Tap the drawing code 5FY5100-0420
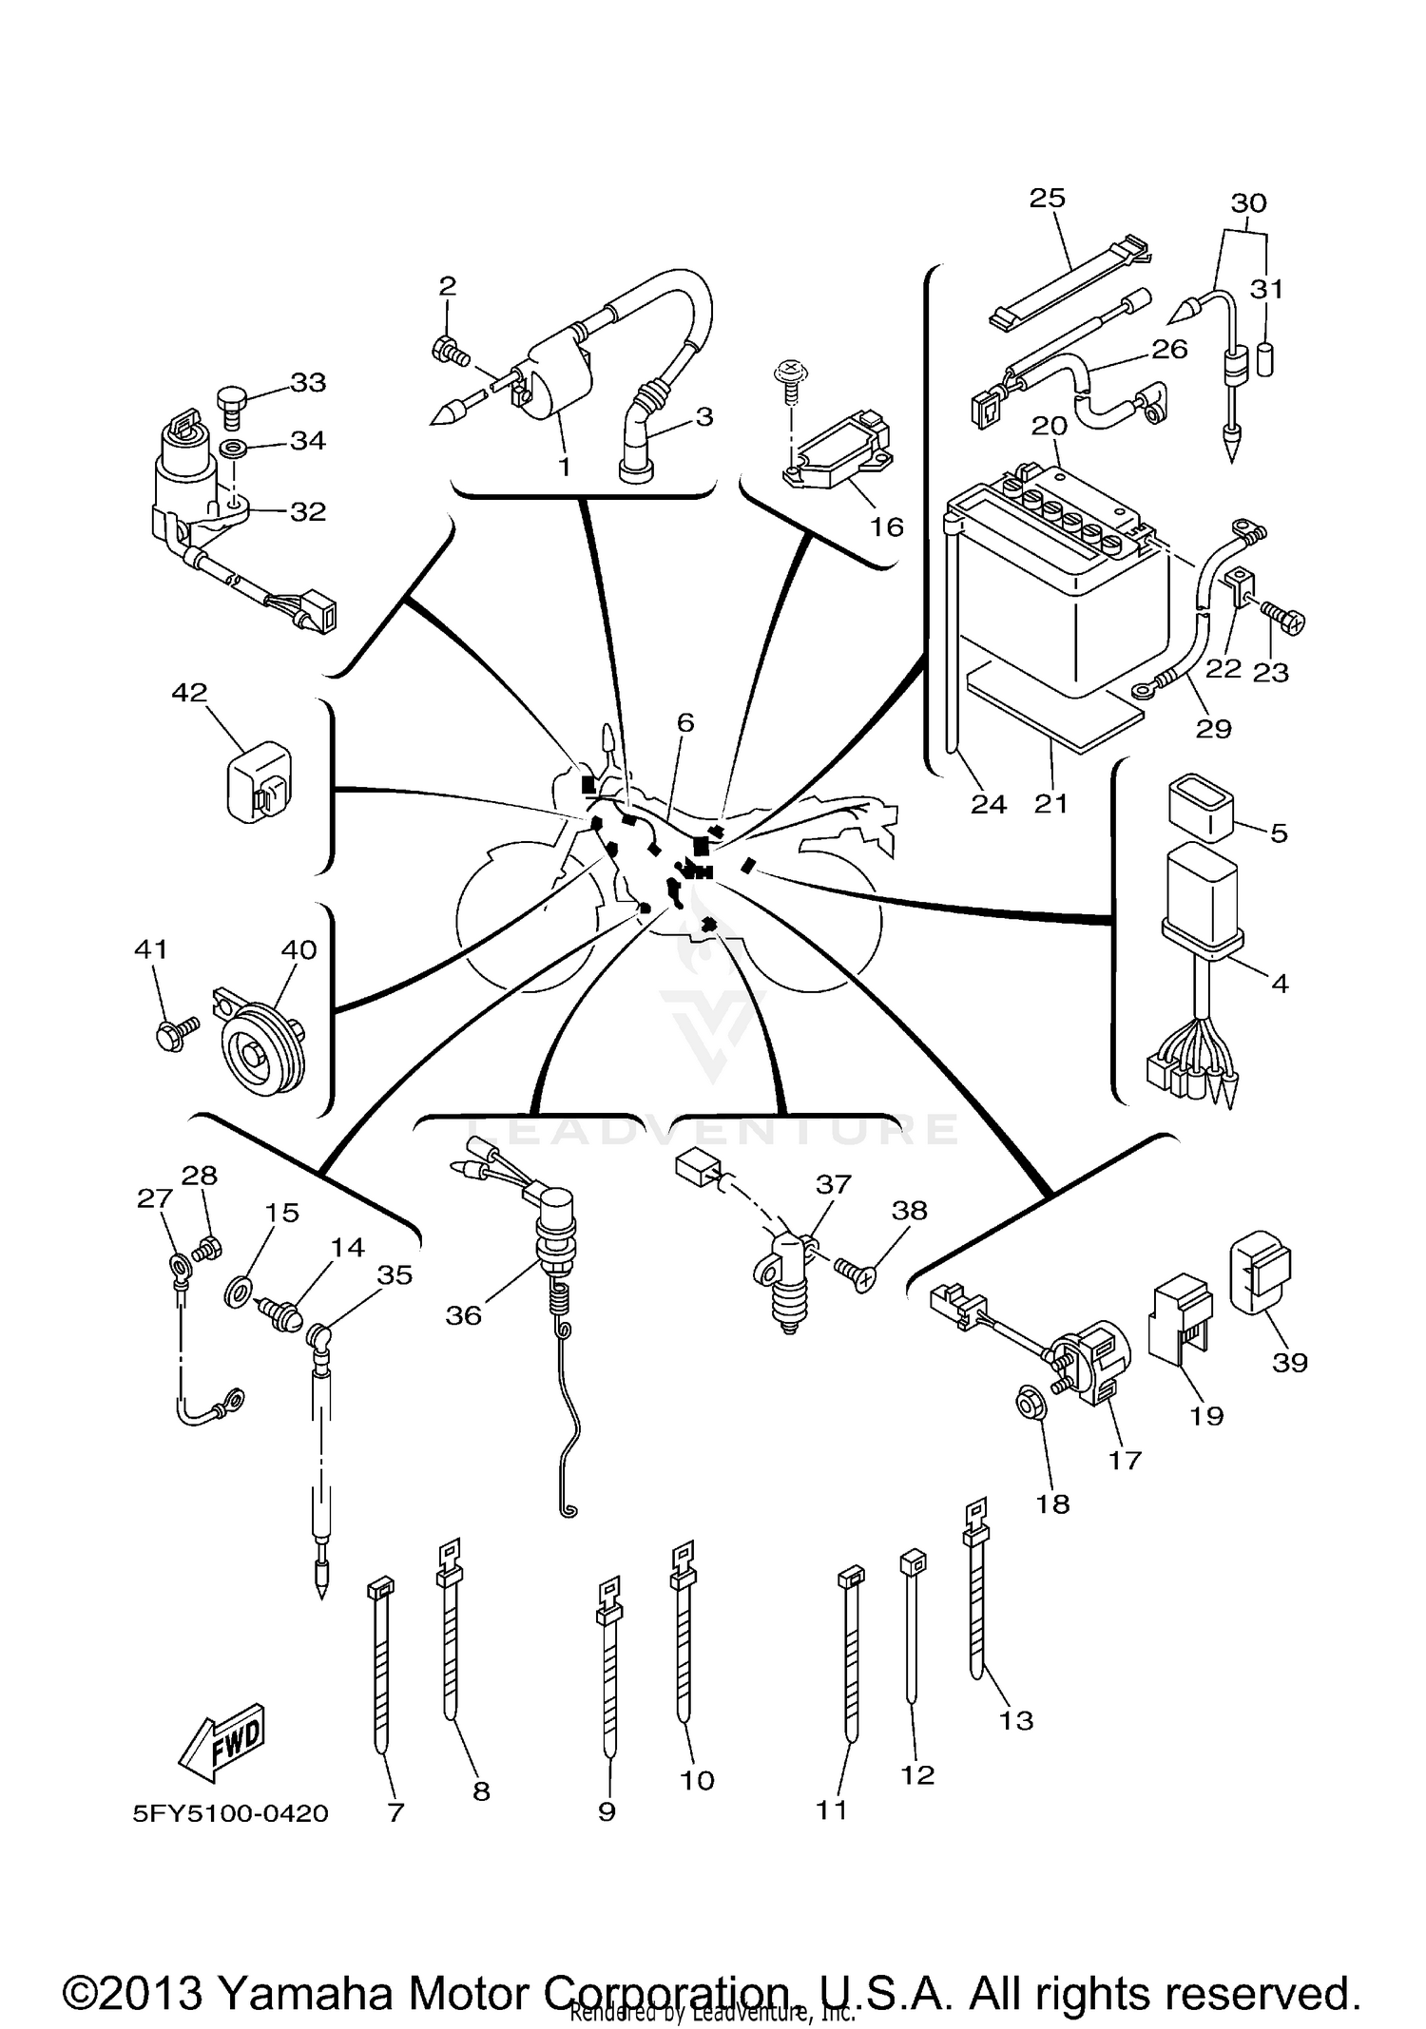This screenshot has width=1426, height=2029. pos(231,1813)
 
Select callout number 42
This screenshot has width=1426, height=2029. pos(189,693)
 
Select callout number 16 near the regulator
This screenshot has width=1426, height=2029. pos(886,526)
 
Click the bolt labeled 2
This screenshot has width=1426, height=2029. pos(450,352)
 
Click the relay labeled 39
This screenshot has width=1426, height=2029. pos(1261,1273)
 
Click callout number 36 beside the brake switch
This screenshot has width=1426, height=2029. pos(463,1315)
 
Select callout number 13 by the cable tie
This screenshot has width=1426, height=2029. pos(1015,1720)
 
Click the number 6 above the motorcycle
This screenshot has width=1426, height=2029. pos(685,722)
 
